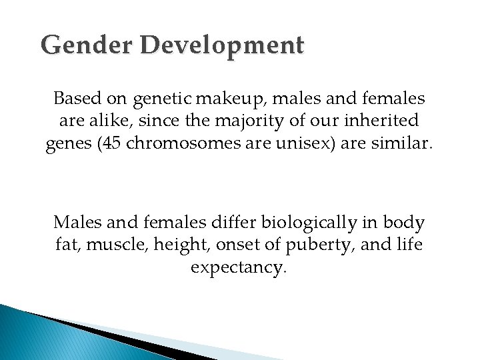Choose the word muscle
pos(103,245)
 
